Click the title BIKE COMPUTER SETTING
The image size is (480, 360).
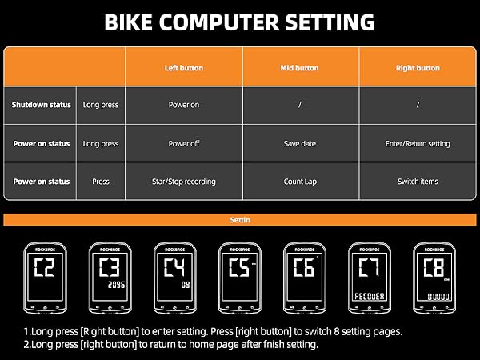[x=240, y=22]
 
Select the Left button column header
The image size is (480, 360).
[x=184, y=68]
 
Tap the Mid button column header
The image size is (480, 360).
[x=301, y=68]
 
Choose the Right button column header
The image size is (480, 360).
[x=418, y=68]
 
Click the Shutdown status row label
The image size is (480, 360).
[x=40, y=105]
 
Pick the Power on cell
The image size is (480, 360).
[x=184, y=105]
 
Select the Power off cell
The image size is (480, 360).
[x=184, y=143]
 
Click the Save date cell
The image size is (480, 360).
[x=301, y=143]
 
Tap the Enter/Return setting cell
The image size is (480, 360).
[x=418, y=143]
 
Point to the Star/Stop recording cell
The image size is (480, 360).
[x=184, y=182]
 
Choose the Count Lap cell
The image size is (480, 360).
[x=301, y=182]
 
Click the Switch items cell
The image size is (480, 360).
[x=418, y=182]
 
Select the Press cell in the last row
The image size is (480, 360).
[x=101, y=182]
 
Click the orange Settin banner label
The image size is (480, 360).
[x=239, y=219]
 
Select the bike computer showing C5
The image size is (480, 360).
[x=239, y=276]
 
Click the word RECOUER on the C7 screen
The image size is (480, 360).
[x=370, y=296]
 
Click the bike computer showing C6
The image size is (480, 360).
[x=304, y=276]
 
